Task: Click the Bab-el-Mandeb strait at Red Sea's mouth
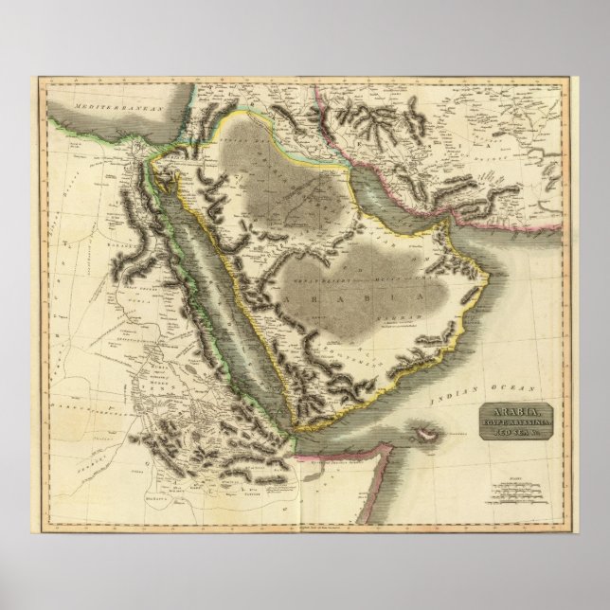coord(295,431)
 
